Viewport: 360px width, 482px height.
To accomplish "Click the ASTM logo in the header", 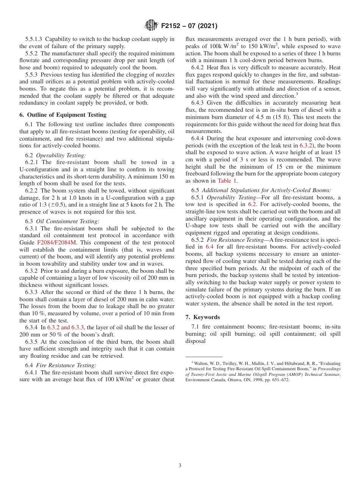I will tap(152, 26).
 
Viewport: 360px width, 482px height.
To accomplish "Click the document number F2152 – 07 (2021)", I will tap(189, 26).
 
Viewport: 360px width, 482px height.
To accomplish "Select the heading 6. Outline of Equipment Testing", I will tap(63, 115).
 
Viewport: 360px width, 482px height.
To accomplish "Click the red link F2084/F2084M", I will tap(56, 243).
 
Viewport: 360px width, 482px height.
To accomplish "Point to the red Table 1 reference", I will tap(227, 181).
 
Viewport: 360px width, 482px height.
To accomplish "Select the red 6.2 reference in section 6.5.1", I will tap(252, 204).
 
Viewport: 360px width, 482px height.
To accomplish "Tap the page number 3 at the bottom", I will tap(180, 465).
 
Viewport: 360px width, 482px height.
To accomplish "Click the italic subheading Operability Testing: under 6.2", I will tap(61, 155).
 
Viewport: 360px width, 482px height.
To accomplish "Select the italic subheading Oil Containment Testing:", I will tap(67, 221).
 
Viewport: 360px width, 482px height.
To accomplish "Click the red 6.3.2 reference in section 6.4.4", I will tap(307, 146).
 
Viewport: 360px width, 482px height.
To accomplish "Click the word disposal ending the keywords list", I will tap(196, 341).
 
